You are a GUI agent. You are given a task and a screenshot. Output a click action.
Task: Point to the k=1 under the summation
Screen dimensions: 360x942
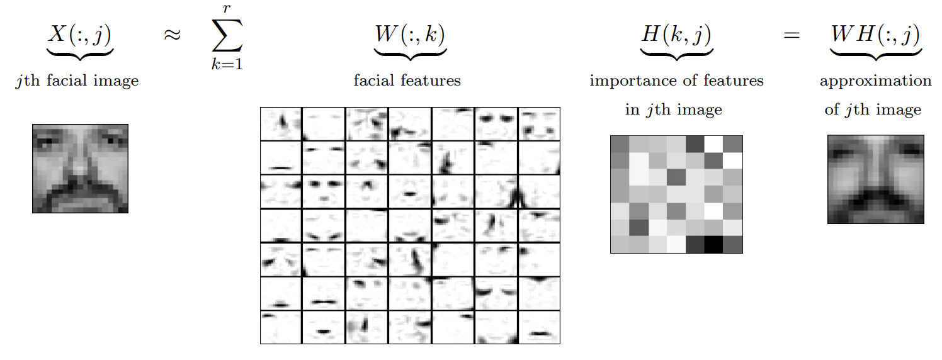[227, 65]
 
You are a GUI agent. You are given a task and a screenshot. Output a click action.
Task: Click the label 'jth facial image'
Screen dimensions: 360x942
[77, 81]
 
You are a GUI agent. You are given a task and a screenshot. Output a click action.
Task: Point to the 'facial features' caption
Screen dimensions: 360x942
[407, 81]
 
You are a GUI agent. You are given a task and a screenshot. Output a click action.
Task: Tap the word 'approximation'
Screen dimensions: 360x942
[875, 81]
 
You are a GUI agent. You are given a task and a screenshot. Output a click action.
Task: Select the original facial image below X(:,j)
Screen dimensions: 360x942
[80, 168]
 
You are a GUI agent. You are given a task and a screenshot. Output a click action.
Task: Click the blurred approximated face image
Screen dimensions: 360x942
[875, 179]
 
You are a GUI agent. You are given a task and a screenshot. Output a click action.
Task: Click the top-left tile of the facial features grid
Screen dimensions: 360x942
[281, 123]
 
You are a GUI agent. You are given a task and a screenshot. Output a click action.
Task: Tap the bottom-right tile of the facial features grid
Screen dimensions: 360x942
[539, 327]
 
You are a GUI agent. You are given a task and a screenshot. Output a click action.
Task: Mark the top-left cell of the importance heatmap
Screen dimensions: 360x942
[620, 144]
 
